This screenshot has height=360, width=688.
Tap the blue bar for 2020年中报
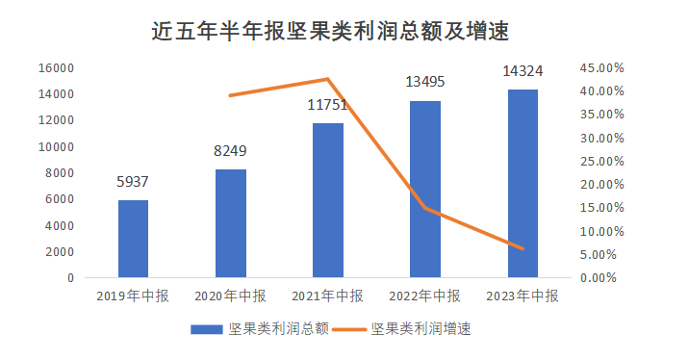pyautogui.click(x=231, y=223)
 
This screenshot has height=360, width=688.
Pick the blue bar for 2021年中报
pyautogui.click(x=328, y=200)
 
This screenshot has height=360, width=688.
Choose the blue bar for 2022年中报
pyautogui.click(x=425, y=189)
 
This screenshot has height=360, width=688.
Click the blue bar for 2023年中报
pyautogui.click(x=522, y=183)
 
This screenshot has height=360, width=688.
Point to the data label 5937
pyautogui.click(x=133, y=182)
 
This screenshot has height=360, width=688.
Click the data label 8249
pyautogui.click(x=230, y=151)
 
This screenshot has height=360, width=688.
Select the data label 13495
pyautogui.click(x=426, y=81)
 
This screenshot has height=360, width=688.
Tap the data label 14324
pyautogui.click(x=522, y=70)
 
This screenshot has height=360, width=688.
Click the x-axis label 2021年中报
pyautogui.click(x=328, y=296)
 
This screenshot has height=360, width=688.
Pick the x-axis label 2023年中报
pyautogui.click(x=522, y=296)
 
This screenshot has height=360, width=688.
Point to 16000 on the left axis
pyautogui.click(x=57, y=68)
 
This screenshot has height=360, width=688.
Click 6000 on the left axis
pyautogui.click(x=61, y=199)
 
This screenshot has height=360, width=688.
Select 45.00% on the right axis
pyautogui.click(x=603, y=68)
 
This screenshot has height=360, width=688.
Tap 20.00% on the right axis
pyautogui.click(x=603, y=185)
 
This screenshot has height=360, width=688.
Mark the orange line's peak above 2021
pyautogui.click(x=328, y=79)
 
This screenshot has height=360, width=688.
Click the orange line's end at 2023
pyautogui.click(x=522, y=248)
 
